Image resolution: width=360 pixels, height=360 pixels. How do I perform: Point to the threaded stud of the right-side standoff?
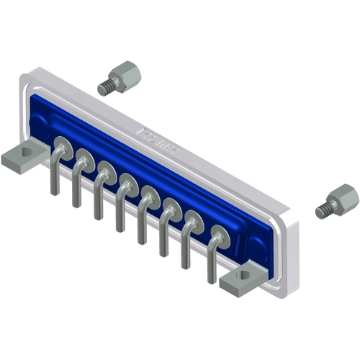tap(323, 210)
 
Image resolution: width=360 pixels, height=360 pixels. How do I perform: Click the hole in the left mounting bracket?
tap(27, 153)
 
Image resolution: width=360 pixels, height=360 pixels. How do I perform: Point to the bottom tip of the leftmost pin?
tap(54, 193)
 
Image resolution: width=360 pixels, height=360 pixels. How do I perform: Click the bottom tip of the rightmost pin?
tap(210, 280)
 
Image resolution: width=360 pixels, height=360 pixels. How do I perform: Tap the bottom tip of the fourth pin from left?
tap(120, 230)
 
